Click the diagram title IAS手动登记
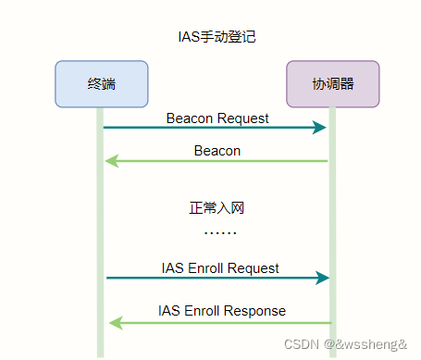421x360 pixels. pyautogui.click(x=217, y=37)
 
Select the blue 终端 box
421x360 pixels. pyautogui.click(x=102, y=84)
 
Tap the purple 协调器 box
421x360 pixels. pyautogui.click(x=332, y=84)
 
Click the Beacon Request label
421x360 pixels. pyautogui.click(x=217, y=118)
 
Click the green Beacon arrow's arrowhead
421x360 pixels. pyautogui.click(x=110, y=161)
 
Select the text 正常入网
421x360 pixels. pyautogui.click(x=217, y=208)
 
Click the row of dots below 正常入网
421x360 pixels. pyautogui.click(x=219, y=231)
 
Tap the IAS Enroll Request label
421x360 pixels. pyautogui.click(x=220, y=268)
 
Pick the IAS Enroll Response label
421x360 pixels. pyautogui.click(x=222, y=310)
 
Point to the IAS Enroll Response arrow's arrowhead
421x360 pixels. pyautogui.click(x=114, y=322)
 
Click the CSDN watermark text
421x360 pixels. pyautogui.click(x=300, y=343)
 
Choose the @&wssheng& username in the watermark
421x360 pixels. pyautogui.click(x=365, y=343)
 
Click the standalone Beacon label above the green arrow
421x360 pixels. pyautogui.click(x=217, y=150)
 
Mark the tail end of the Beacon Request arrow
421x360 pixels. pyautogui.click(x=105, y=127)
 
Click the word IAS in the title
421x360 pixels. pyautogui.click(x=188, y=37)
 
